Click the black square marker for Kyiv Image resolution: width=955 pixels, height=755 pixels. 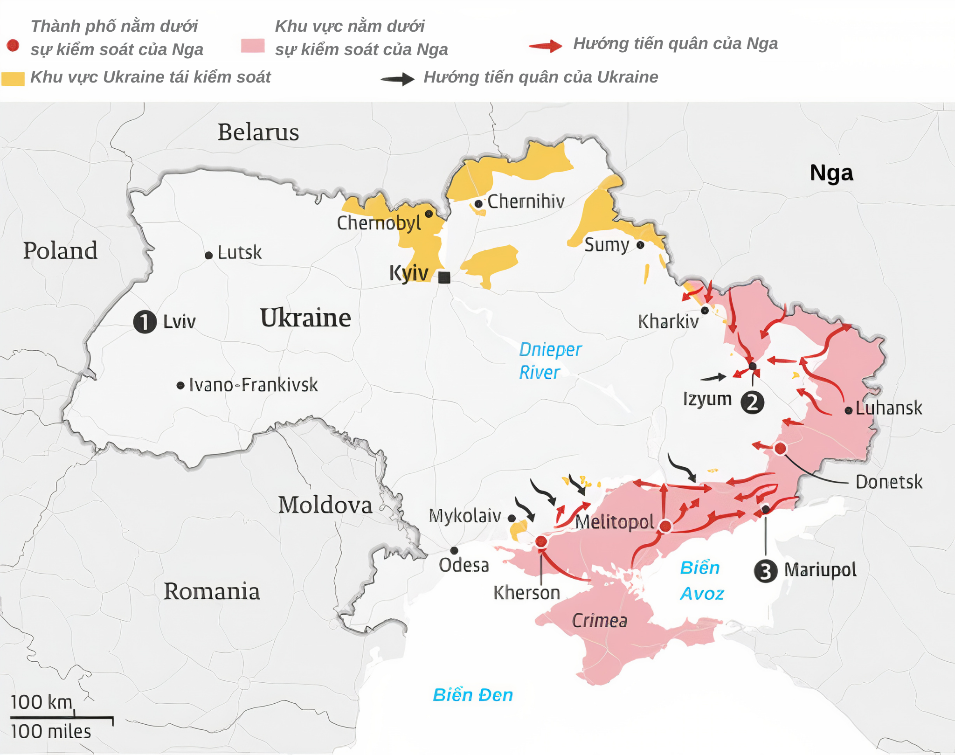(x=444, y=277)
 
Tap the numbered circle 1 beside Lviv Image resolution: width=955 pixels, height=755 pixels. (x=145, y=322)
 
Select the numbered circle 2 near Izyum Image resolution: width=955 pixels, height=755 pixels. (x=752, y=402)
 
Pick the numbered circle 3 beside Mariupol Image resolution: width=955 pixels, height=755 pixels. (x=765, y=571)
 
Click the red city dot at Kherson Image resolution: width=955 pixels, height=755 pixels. (x=541, y=541)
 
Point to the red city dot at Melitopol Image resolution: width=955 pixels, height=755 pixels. (x=665, y=526)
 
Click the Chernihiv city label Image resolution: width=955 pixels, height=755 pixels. (x=526, y=201)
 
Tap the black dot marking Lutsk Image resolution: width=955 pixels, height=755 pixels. (x=209, y=255)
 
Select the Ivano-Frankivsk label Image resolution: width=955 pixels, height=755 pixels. (x=253, y=385)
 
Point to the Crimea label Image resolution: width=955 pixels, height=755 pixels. (x=599, y=621)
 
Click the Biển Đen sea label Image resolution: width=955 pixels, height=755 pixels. (x=473, y=695)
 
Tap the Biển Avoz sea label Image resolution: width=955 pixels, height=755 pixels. (x=701, y=581)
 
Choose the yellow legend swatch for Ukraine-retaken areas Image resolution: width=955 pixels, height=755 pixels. (x=13, y=79)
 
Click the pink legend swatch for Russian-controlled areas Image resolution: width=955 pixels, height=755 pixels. (x=253, y=46)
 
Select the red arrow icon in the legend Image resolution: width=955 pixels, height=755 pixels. (x=546, y=46)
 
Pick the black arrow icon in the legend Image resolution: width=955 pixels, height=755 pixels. (x=397, y=79)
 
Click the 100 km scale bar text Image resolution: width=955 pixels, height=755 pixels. (x=42, y=702)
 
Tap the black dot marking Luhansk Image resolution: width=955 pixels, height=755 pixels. (x=849, y=410)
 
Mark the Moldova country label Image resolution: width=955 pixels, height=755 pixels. (x=325, y=505)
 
